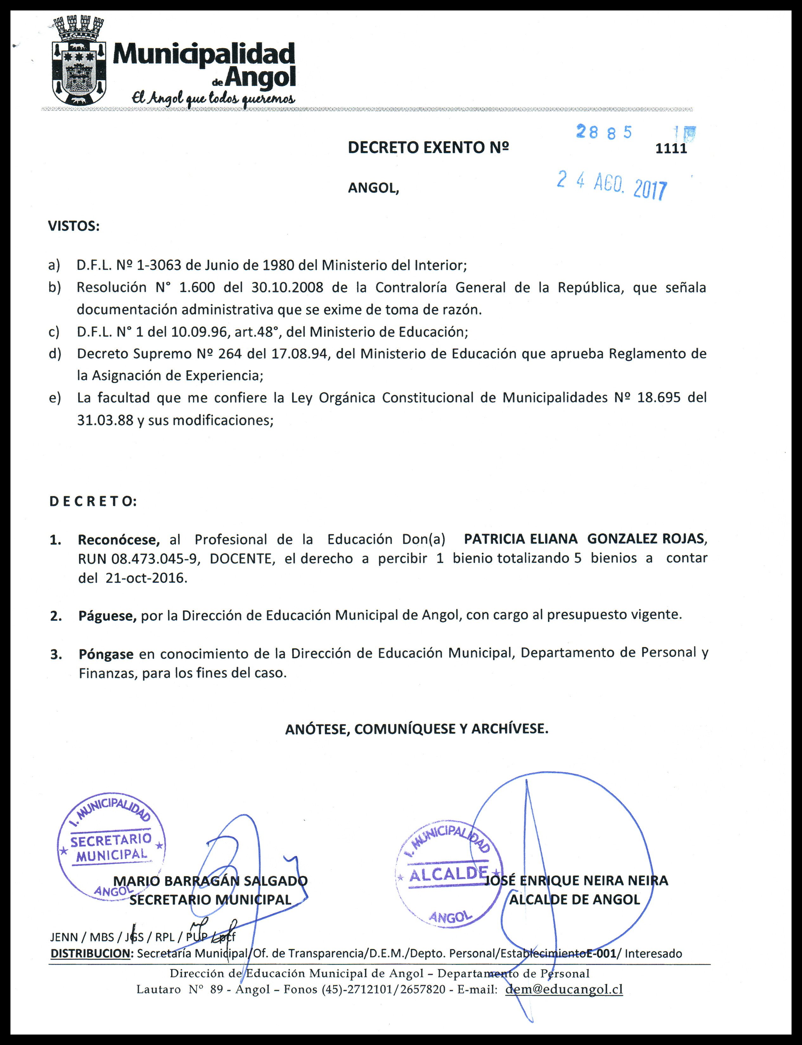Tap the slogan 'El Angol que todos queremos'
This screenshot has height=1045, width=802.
pos(213,98)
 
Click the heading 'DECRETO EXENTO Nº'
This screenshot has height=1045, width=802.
pos(428,147)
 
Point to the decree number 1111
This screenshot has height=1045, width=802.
pos(671,148)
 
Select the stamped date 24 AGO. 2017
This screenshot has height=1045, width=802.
pos(612,186)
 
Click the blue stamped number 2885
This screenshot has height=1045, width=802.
pos(604,132)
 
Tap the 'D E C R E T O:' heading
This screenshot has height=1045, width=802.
pos(93,501)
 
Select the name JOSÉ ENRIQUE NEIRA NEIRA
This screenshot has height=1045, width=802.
pos(576,880)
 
